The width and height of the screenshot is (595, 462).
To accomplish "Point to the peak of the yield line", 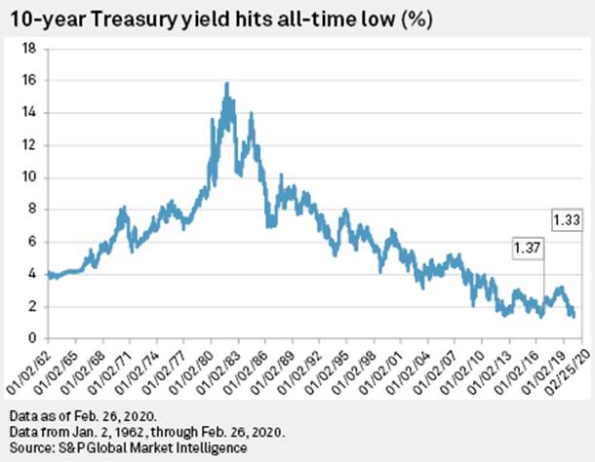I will click(226, 84).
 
